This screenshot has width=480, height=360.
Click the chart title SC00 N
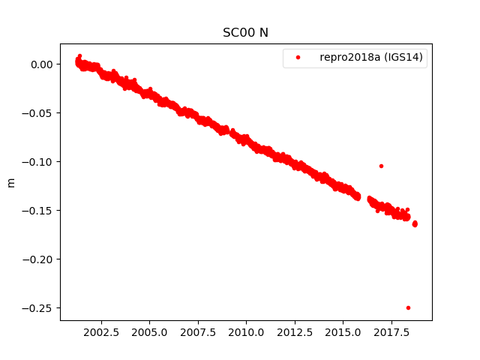tap(245, 32)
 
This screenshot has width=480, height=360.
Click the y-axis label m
tap(10, 182)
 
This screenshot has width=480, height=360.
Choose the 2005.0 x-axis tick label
tap(150, 331)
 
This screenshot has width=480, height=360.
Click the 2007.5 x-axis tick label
tap(198, 331)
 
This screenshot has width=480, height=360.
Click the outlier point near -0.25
tap(408, 307)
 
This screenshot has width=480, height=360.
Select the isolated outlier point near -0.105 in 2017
tap(381, 166)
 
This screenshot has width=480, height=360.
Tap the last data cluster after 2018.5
tap(415, 223)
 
